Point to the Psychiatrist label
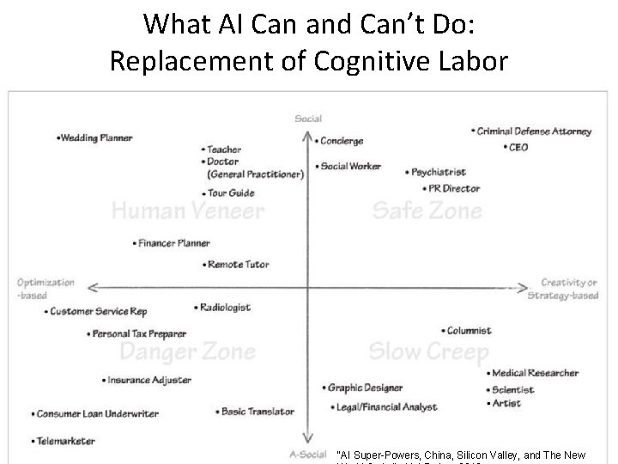439,172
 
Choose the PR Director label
452,188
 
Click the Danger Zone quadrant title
186,351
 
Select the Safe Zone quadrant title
426,210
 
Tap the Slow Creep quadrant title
428,351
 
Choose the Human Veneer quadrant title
187,210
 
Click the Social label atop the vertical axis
307,119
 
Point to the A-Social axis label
306,455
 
